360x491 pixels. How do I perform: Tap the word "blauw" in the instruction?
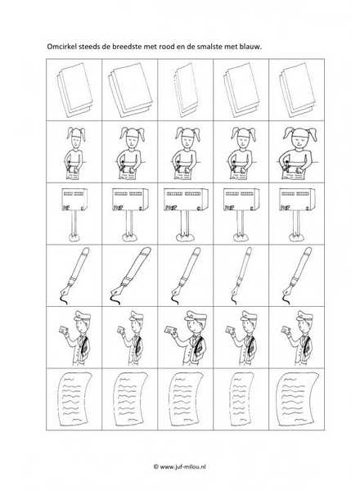[250, 47]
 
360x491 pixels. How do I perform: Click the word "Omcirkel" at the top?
[61, 47]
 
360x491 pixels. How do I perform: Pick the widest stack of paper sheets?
[130, 90]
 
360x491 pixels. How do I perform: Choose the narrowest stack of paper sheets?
[186, 90]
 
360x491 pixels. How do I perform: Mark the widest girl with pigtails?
[298, 153]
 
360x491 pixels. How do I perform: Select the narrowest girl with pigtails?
[75, 154]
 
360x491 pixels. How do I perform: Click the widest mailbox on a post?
[186, 214]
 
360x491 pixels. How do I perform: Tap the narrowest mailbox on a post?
[74, 214]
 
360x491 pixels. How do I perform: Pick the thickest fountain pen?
[131, 276]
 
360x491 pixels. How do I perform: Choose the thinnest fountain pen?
[241, 276]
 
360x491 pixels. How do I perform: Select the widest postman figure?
[187, 337]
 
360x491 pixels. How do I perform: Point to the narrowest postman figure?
[131, 337]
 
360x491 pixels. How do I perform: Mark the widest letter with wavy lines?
[297, 399]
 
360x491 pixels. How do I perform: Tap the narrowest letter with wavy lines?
[241, 399]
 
